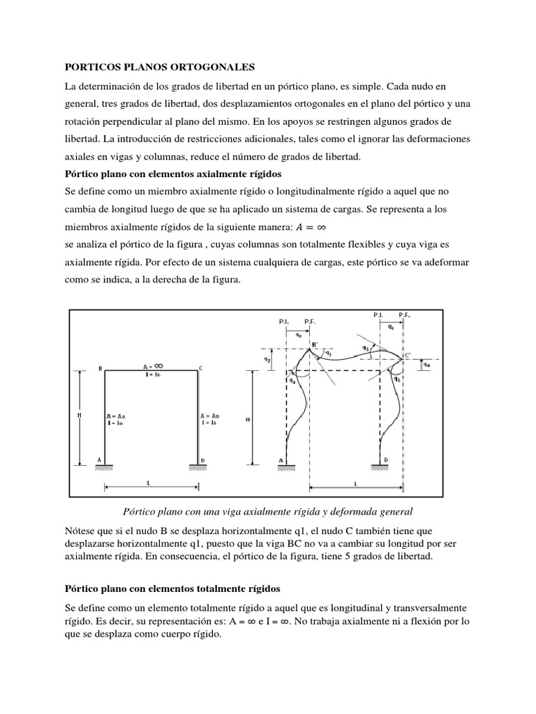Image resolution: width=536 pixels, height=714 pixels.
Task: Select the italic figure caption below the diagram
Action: pyautogui.click(x=268, y=510)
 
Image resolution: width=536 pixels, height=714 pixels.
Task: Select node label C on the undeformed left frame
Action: pyautogui.click(x=201, y=368)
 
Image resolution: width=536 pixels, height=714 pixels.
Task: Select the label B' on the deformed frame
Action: pyautogui.click(x=315, y=344)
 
